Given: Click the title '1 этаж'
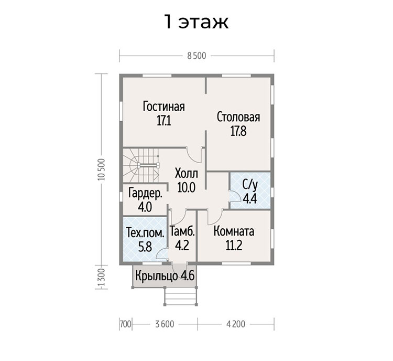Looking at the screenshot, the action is coord(196,22).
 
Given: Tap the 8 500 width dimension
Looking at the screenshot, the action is coord(196,56).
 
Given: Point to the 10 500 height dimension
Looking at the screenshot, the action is coord(101,169).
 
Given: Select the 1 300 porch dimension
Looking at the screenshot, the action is coord(101,278).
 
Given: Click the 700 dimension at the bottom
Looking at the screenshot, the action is coord(126,324).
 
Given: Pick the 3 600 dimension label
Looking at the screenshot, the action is coord(165,324).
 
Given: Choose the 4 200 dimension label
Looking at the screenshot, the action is coord(236,324).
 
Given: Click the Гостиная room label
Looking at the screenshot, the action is coord(164,107).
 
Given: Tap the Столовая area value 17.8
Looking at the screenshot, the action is coord(238,131).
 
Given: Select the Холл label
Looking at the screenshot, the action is coord(186,174).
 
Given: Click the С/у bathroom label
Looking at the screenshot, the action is coord(250,185).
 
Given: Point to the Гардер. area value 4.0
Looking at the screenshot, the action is coord(145,207).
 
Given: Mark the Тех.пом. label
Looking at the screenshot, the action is coord(145,233).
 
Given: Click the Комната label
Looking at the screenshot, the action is coord(234,231).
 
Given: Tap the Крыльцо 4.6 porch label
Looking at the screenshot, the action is coord(165,276).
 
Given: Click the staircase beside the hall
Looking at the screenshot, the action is coord(141,165).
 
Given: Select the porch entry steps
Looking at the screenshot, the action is coord(181,296).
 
